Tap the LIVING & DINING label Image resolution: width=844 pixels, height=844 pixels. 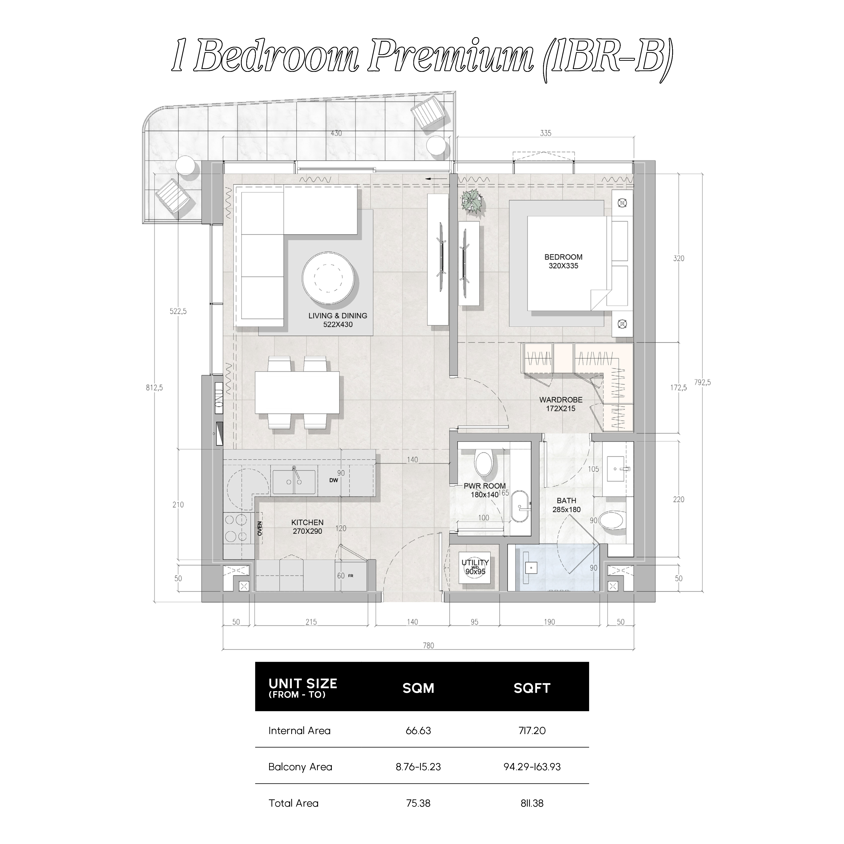(338, 315)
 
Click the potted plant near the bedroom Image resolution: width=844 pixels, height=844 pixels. (473, 203)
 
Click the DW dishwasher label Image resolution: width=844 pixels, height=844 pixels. (334, 480)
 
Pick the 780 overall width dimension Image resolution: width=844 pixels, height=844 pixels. (429, 646)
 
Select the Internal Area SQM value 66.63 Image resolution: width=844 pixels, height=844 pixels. (418, 730)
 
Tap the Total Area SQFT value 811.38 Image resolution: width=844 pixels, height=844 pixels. (532, 803)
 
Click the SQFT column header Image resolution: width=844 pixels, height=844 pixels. (532, 688)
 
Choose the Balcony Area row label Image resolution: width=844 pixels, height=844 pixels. (300, 767)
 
